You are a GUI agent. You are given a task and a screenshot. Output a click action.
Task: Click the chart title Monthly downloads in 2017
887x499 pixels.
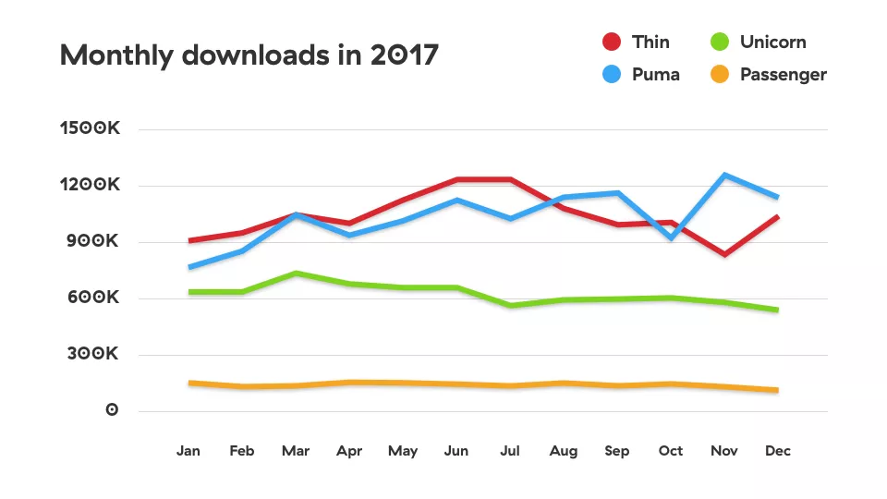249,55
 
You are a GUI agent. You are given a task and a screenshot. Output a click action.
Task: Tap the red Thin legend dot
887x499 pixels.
611,42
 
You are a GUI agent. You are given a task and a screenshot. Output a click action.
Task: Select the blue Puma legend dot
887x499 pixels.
611,75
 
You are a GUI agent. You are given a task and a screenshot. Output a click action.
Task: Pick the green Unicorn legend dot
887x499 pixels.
720,42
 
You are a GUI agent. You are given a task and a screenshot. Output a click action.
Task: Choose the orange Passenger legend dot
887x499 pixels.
720,75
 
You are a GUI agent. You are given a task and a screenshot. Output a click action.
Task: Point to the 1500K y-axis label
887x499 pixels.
90,129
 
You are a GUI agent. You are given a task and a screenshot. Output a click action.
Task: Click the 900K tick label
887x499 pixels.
92,241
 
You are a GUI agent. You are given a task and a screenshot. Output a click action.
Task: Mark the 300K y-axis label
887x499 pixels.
92,355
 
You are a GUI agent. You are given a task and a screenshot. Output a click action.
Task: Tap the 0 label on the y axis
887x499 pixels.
112,410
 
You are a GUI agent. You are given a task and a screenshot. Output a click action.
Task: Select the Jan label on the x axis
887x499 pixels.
188,451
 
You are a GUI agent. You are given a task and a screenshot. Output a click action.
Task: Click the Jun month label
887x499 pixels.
456,451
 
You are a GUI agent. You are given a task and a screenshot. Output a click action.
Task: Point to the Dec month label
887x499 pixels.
778,451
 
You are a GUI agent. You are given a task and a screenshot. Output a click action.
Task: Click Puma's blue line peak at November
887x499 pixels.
724,175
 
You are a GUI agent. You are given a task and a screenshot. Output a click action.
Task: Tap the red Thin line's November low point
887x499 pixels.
724,254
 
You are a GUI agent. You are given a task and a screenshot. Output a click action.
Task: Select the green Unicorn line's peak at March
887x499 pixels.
296,274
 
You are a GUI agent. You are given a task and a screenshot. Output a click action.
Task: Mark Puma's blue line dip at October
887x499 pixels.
671,238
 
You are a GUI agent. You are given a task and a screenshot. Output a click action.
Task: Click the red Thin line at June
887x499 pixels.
456,179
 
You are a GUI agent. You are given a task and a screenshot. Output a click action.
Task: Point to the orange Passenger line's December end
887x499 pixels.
776,390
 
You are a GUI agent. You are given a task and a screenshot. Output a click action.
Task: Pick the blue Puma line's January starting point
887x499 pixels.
189,267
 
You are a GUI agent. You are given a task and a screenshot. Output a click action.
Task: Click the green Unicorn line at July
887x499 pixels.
510,305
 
